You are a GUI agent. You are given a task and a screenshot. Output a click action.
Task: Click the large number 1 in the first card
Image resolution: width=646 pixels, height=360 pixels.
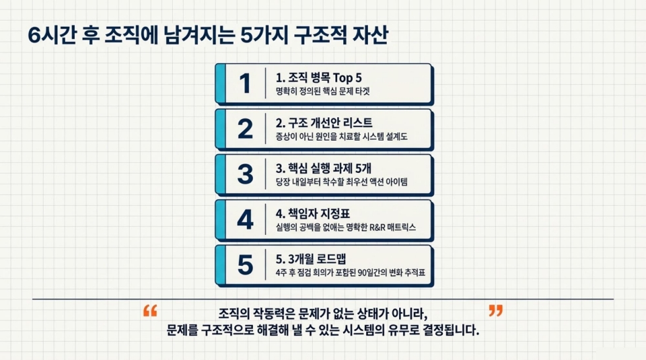245,83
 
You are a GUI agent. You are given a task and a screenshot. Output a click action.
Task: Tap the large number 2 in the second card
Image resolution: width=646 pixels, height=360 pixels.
245,128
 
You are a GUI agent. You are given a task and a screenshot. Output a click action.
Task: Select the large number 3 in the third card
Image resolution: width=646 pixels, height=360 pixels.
245,174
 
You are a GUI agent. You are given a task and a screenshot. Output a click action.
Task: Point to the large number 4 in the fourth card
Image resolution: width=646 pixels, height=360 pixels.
245,219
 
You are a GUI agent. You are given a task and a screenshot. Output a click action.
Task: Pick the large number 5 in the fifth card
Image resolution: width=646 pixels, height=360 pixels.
245,265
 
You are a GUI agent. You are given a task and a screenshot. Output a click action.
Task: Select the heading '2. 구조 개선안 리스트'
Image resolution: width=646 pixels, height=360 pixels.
324,122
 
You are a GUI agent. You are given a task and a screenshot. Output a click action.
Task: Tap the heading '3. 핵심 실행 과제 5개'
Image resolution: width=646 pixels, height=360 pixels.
328,168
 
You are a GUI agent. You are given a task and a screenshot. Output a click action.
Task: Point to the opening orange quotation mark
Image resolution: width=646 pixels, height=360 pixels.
150,311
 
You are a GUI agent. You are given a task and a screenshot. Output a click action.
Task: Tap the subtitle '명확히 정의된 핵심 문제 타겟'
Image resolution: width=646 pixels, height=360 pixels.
322,91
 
